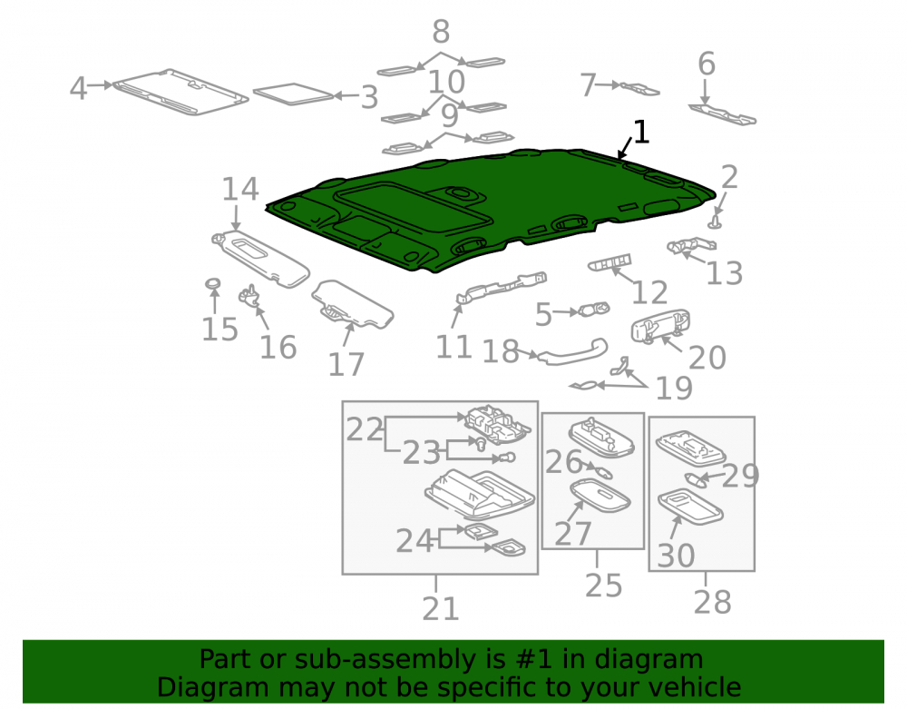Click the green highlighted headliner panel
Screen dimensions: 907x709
[x=492, y=209]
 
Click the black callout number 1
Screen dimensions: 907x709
[x=641, y=133]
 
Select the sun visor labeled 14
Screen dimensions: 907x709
[x=261, y=258]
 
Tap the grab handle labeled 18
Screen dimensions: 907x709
[x=572, y=352]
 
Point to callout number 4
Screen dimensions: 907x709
[x=78, y=89]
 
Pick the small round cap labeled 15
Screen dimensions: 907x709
[x=213, y=284]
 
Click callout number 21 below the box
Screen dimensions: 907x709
[x=440, y=609]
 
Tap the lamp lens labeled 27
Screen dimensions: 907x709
[x=600, y=495]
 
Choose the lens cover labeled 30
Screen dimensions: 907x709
[x=690, y=507]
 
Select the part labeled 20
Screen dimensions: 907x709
[x=660, y=327]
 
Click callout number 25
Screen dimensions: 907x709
[x=603, y=586]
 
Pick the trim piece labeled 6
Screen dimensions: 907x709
[x=722, y=114]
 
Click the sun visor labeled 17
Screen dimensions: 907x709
[x=352, y=304]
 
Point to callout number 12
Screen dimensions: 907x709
[x=649, y=293]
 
